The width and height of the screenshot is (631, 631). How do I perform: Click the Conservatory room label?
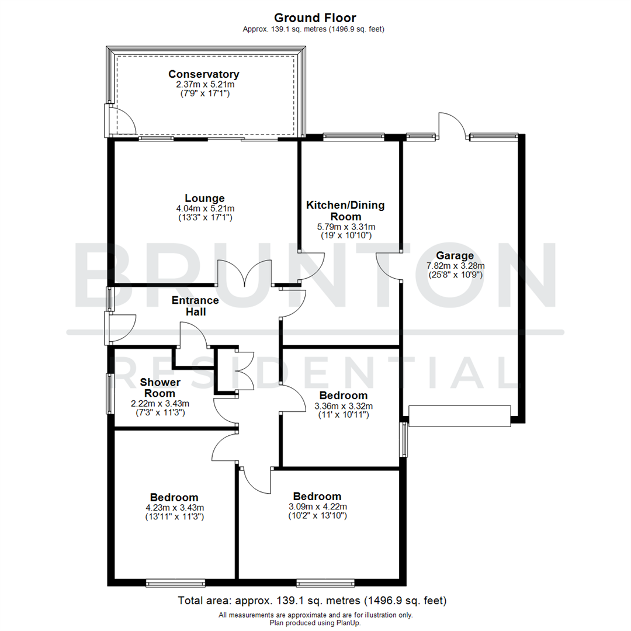tap(204, 74)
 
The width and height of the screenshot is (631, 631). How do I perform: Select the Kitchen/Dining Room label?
tap(346, 211)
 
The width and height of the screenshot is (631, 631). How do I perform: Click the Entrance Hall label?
tap(195, 306)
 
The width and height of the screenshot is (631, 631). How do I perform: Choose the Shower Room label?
tap(160, 388)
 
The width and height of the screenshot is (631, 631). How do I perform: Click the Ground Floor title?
tap(315, 18)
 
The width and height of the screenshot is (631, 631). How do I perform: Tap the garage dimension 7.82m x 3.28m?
tap(454, 265)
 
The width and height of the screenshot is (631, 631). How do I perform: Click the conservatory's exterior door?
tap(120, 120)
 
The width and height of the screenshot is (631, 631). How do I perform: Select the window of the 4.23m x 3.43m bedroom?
tap(175, 583)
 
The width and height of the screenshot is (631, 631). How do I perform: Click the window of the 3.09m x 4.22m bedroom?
tap(325, 583)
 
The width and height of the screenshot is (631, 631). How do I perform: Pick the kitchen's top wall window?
tap(353, 137)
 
